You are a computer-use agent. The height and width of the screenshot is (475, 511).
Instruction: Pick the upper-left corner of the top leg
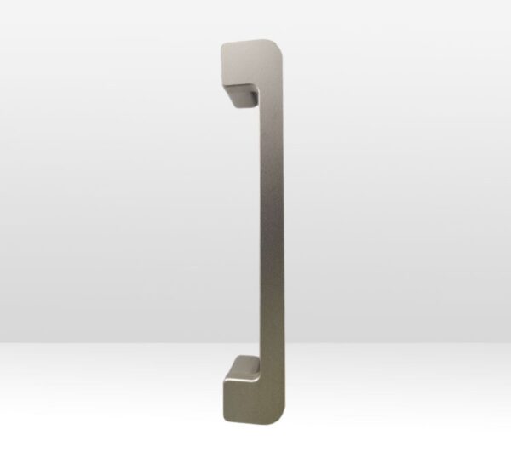click(x=223, y=44)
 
